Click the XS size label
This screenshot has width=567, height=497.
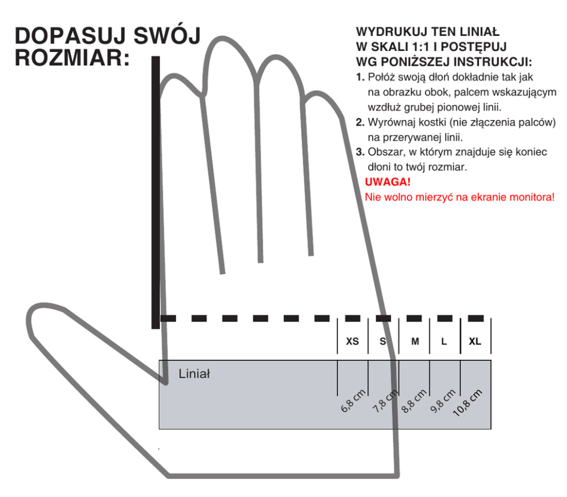tap(353, 342)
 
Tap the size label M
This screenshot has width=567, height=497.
tap(416, 342)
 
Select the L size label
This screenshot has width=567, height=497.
tap(444, 342)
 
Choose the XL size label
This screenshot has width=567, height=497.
tap(475, 342)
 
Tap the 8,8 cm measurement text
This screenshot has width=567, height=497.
tap(415, 401)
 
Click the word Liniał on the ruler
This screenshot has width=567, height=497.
tap(194, 375)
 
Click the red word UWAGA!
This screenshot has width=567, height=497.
tap(388, 183)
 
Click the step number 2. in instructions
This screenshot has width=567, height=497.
tap(360, 122)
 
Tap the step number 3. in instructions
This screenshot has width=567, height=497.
tap(360, 153)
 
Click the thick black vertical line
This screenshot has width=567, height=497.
tap(155, 194)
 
